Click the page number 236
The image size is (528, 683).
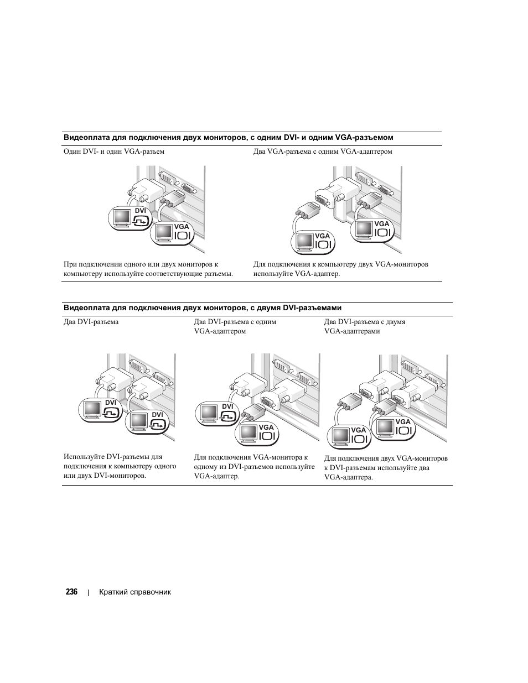pyautogui.click(x=71, y=592)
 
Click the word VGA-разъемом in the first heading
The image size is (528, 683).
pyautogui.click(x=367, y=138)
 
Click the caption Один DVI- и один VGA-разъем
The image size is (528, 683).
pyautogui.click(x=113, y=151)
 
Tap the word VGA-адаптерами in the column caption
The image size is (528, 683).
pyautogui.click(x=352, y=331)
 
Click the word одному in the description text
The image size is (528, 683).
pyautogui.click(x=206, y=467)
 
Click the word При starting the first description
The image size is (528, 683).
pyautogui.click(x=70, y=264)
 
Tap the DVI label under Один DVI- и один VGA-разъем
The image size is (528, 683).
pyautogui.click(x=140, y=211)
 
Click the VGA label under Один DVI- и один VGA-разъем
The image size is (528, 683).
pyautogui.click(x=182, y=227)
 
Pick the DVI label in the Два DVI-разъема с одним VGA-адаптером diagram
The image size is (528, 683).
pyautogui.click(x=227, y=406)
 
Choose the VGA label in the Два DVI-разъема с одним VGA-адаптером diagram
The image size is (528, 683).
pyautogui.click(x=266, y=427)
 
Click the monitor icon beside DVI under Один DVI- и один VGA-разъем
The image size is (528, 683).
pyautogui.click(x=121, y=218)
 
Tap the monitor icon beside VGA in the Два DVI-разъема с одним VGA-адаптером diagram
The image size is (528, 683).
pyautogui.click(x=247, y=435)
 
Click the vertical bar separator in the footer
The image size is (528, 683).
pyautogui.click(x=88, y=592)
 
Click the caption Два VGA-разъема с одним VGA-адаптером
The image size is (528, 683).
pyautogui.click(x=323, y=151)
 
